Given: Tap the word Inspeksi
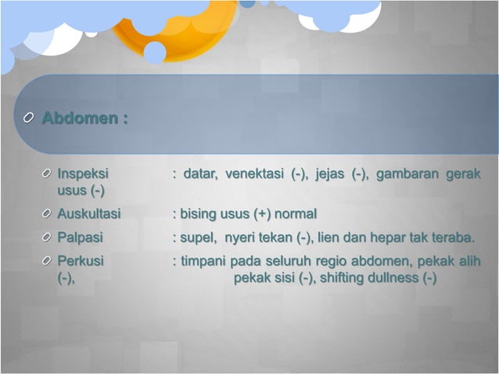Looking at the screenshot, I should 83,174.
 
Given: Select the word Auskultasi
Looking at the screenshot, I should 88,214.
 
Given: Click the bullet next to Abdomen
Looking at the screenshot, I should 28,119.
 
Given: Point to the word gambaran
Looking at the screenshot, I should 407,174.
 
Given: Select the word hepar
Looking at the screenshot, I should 400,237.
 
